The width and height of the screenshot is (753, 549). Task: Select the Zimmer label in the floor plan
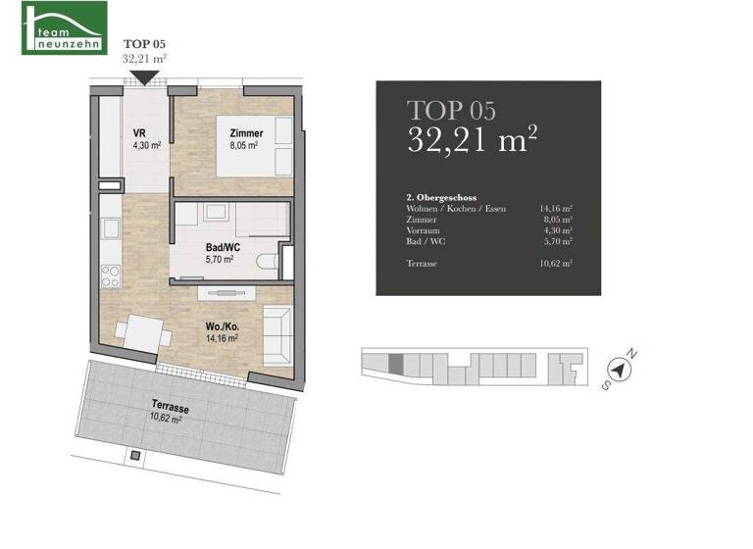(247, 133)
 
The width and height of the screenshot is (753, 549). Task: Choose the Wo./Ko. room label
(218, 326)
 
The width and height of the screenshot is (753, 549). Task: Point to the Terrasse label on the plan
(170, 405)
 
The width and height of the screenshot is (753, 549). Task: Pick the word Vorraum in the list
(423, 231)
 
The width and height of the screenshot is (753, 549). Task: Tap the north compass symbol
(619, 370)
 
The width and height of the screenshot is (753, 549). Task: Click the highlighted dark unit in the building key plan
(395, 363)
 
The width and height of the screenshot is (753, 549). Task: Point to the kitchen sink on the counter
(111, 228)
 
